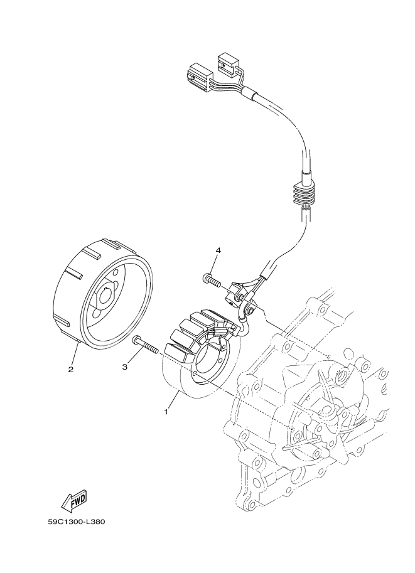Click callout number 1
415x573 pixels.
[166, 412]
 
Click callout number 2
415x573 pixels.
[71, 369]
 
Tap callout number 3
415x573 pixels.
[125, 366]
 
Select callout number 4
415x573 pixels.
[218, 250]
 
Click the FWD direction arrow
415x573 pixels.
[73, 500]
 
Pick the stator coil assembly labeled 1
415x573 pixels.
[198, 358]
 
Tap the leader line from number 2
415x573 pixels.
[75, 351]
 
